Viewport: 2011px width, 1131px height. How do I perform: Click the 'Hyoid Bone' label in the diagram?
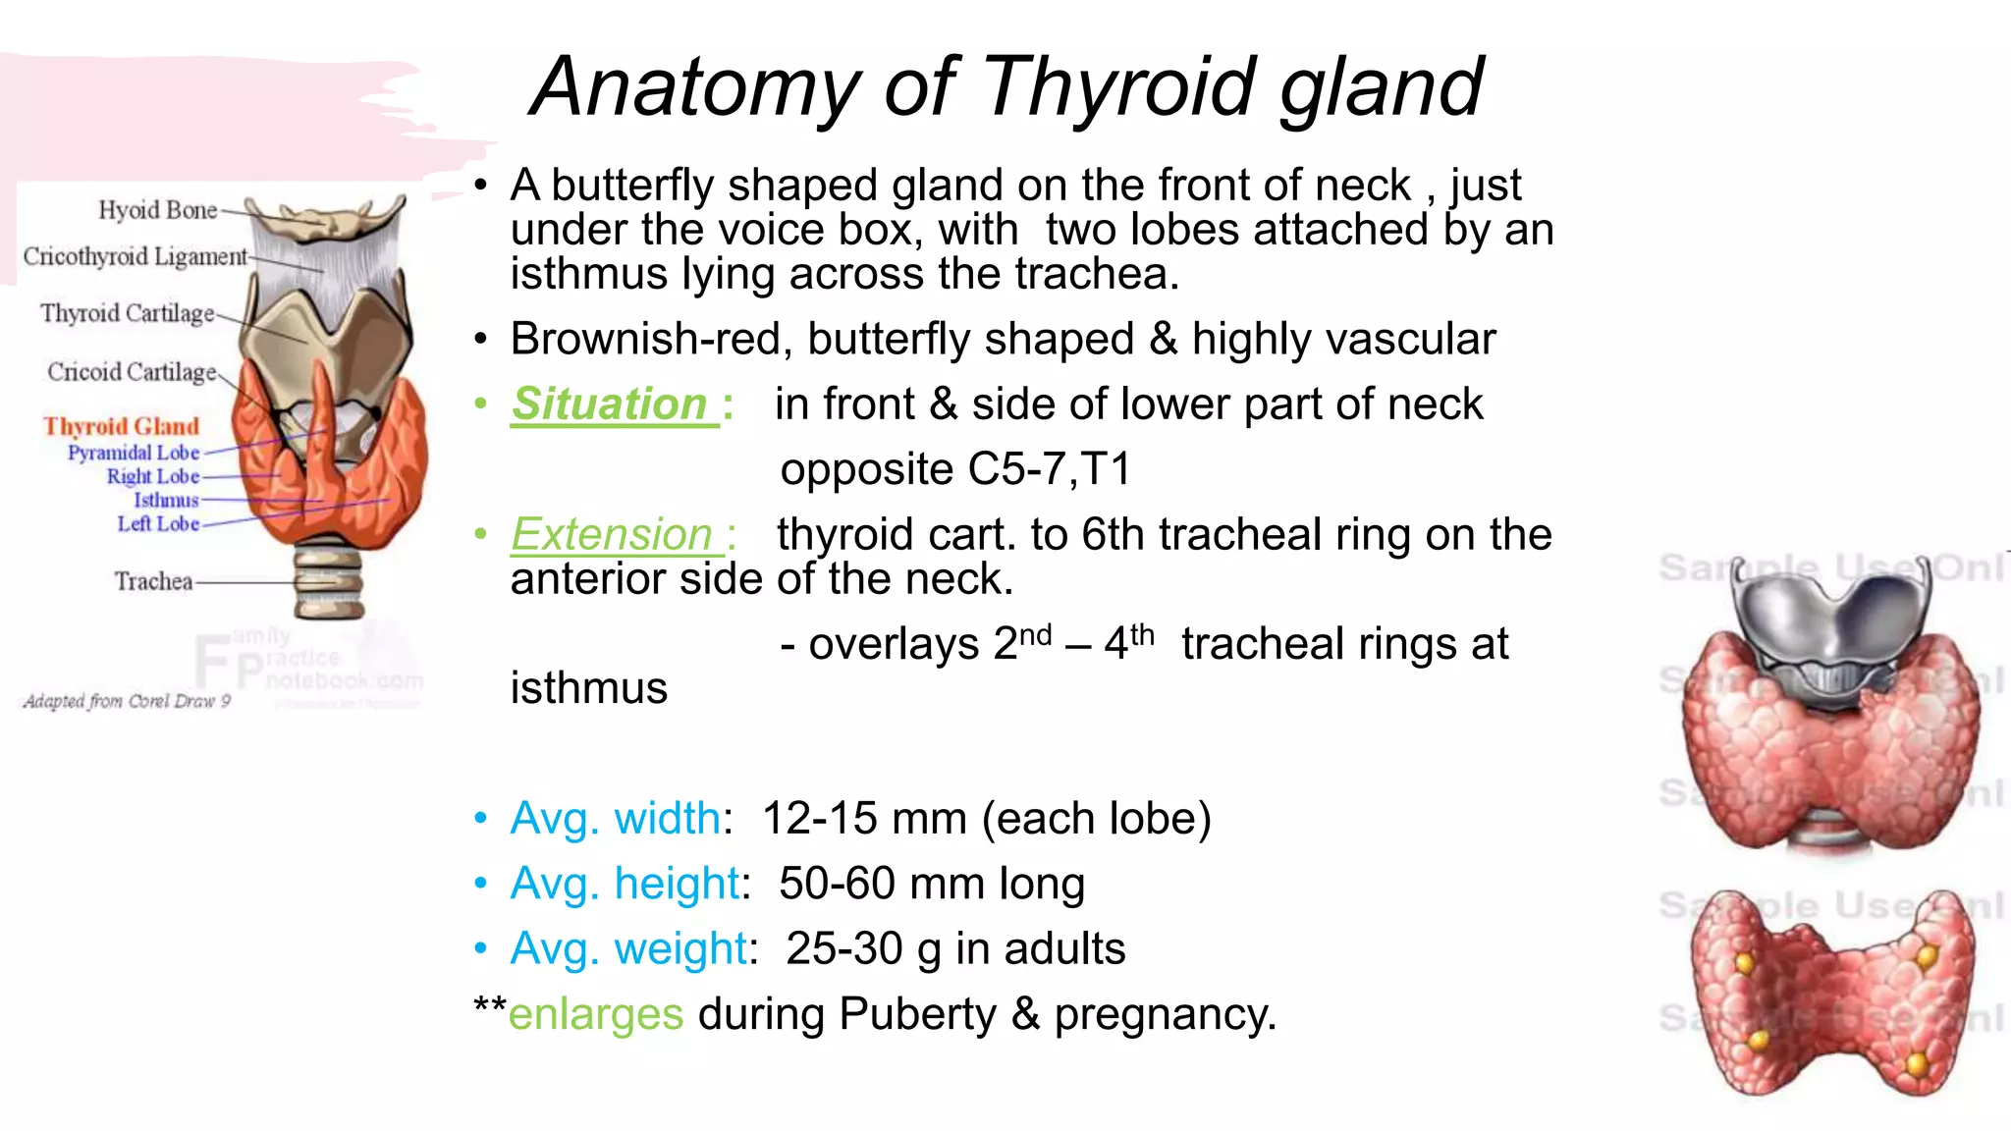(157, 210)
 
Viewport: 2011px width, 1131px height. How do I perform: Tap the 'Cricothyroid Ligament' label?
(135, 256)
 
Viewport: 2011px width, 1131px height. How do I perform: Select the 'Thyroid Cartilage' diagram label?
(127, 313)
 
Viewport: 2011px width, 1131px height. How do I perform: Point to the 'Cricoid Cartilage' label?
(132, 372)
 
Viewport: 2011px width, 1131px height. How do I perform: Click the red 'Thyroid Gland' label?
(121, 426)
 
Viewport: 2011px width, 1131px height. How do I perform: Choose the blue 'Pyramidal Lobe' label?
(134, 453)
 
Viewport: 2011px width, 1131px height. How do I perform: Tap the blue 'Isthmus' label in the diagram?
(166, 501)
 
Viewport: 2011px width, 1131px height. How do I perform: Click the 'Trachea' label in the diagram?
(153, 581)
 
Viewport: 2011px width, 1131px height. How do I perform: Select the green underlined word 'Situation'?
(610, 404)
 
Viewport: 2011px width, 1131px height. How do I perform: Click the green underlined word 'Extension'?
(613, 535)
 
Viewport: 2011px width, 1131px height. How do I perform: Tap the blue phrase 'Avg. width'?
(616, 819)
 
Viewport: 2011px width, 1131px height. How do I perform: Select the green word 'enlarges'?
(596, 1014)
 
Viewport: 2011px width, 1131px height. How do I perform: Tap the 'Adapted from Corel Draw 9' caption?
(127, 701)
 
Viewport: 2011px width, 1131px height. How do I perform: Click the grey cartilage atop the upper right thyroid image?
(1828, 628)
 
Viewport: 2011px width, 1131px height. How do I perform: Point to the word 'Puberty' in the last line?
(917, 1014)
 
